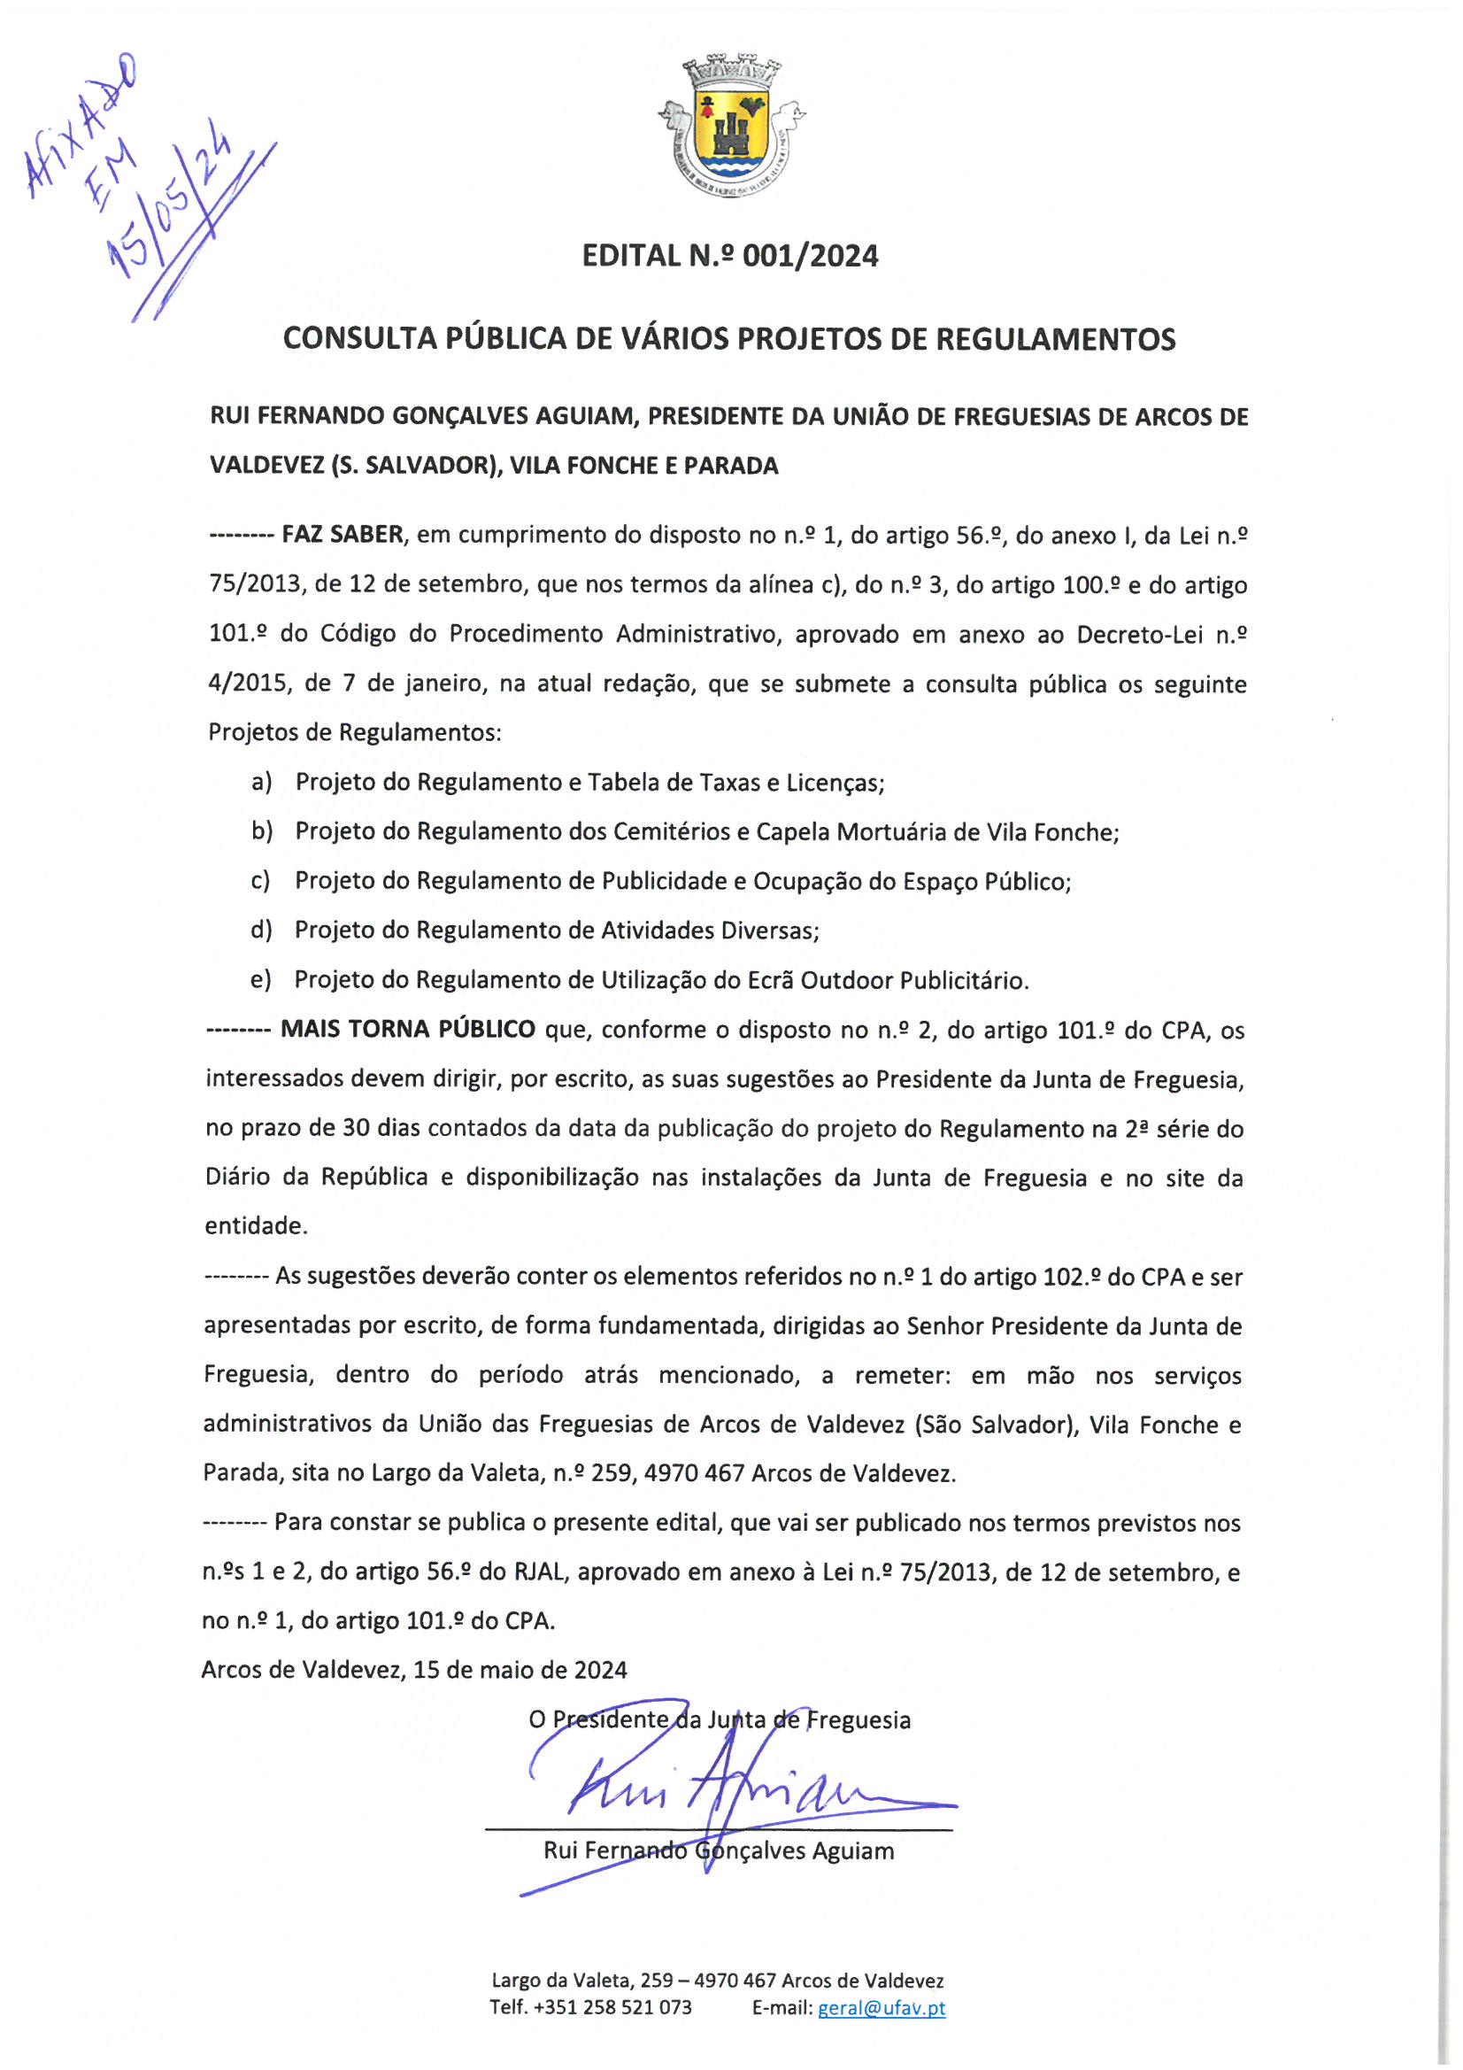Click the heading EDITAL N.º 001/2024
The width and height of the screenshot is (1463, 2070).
[729, 256]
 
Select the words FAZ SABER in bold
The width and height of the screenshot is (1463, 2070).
[343, 535]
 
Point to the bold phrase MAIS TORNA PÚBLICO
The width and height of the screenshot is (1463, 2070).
[407, 1030]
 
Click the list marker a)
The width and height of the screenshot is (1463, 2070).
[261, 782]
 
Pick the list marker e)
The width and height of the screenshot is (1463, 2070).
[260, 980]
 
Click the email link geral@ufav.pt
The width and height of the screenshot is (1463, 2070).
[881, 2008]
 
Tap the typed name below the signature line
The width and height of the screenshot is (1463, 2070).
[719, 1851]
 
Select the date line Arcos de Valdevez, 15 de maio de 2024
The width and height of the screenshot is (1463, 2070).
[413, 1671]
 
